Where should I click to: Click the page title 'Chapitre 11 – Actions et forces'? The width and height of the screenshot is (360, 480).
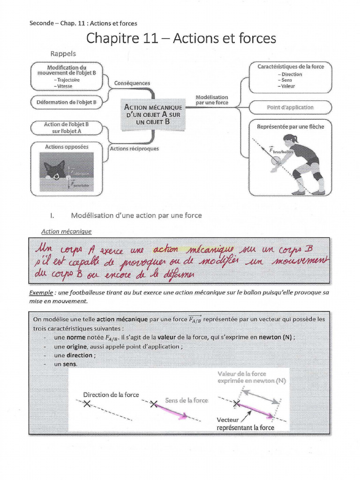pos(181,38)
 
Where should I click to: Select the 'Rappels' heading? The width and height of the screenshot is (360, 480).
pos(63,53)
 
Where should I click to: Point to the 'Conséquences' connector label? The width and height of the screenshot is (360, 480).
pos(132,83)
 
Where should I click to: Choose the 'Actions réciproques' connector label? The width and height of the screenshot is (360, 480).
pos(134,149)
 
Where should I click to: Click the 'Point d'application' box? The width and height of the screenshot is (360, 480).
pos(290,107)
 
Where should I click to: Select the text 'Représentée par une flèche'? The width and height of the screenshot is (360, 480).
pos(290,126)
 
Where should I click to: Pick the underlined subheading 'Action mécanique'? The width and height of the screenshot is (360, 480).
pos(67,231)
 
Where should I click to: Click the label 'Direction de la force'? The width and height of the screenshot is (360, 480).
pos(111,395)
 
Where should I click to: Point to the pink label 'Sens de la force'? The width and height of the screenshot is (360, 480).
pos(187,400)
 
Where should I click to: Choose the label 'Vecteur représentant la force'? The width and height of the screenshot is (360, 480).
pos(245,424)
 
